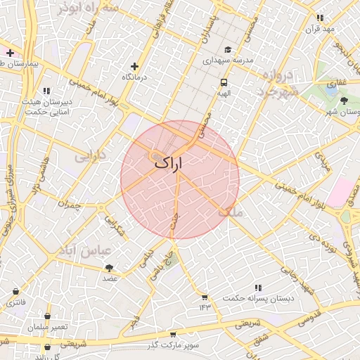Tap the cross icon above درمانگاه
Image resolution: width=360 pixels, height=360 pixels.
coord(135,66)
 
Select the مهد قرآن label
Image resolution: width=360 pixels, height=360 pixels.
coord(320,29)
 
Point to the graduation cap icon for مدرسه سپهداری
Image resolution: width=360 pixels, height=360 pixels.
coord(227,50)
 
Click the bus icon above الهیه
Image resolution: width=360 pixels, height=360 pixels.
coord(223,82)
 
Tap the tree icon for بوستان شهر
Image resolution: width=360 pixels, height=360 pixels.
coord(343,101)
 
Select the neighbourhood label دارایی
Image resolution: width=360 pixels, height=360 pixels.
coord(89,153)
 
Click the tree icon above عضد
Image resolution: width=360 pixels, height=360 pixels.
coord(109,267)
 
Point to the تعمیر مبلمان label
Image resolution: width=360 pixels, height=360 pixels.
coord(47,328)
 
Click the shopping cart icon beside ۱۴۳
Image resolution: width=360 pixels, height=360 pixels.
coord(205,297)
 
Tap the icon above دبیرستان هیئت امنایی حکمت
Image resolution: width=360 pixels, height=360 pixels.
coord(46,91)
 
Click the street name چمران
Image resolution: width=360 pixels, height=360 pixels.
coord(70,206)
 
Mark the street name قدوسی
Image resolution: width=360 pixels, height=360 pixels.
coord(309,314)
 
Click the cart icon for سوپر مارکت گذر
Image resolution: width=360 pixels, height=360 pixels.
coord(173,335)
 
